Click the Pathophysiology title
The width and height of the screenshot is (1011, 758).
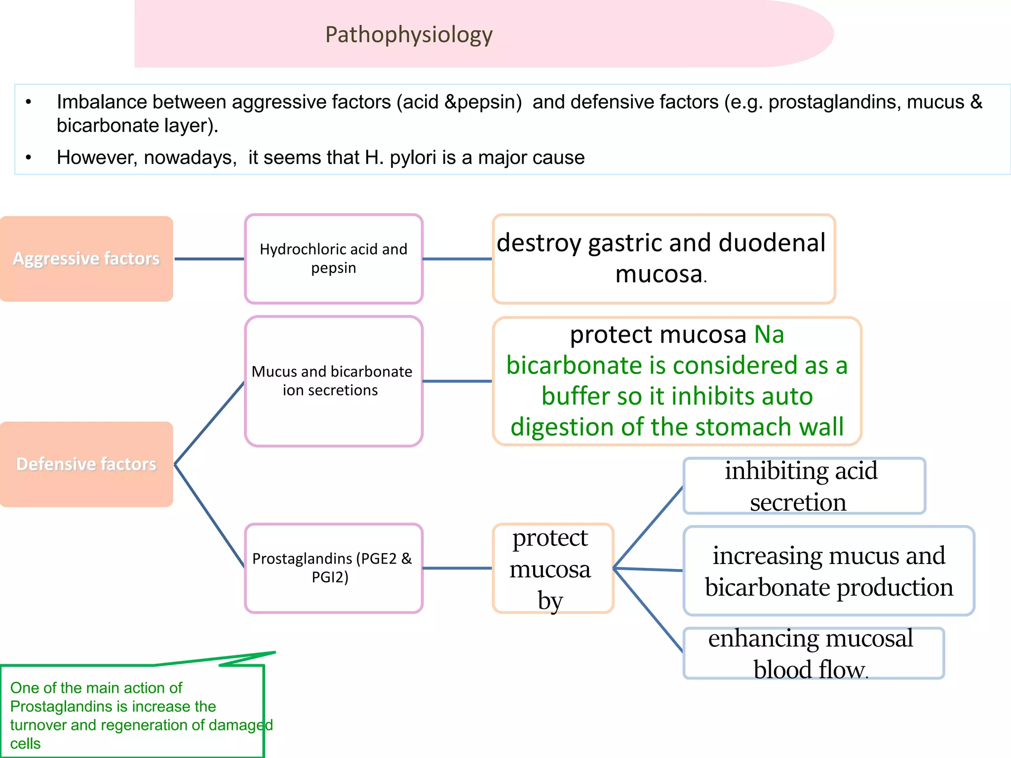[409, 35]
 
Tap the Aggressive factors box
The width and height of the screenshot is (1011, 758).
[86, 259]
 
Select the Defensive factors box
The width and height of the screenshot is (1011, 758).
[86, 464]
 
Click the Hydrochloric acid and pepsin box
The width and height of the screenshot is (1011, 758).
[334, 259]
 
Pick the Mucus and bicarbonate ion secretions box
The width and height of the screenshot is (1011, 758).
[334, 381]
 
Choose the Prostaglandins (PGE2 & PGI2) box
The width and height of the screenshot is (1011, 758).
[334, 568]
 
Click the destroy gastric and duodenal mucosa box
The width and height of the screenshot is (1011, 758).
[663, 259]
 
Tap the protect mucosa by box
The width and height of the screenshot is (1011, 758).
[552, 568]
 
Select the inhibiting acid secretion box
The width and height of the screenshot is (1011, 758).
[804, 486]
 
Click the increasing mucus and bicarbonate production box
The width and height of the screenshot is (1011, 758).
[828, 571]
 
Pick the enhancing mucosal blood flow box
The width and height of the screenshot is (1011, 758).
[813, 653]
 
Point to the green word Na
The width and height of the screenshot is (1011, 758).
[769, 335]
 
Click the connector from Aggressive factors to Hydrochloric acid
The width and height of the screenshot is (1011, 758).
[209, 259]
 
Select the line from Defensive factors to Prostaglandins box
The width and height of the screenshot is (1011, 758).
[209, 516]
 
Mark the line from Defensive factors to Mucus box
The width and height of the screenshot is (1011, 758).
[209, 423]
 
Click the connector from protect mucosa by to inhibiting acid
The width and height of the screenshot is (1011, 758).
[648, 528]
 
